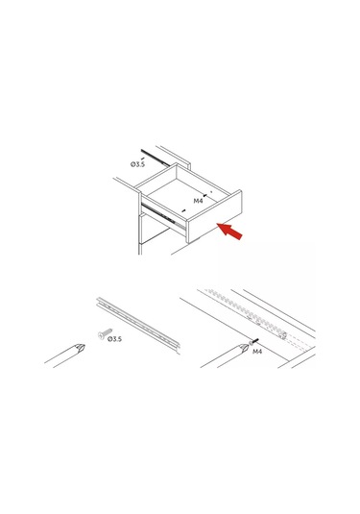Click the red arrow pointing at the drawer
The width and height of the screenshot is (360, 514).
point(230,231)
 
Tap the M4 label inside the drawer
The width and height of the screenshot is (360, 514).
point(198,201)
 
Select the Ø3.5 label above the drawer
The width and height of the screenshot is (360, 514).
point(137,164)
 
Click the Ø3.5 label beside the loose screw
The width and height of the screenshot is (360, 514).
point(114,339)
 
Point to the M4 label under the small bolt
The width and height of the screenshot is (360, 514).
point(257,352)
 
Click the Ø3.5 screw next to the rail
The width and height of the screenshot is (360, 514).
point(105,333)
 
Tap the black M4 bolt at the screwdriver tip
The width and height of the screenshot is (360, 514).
point(253,342)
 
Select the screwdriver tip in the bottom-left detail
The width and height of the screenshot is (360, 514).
point(80,348)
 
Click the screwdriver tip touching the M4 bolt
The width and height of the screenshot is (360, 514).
point(244,348)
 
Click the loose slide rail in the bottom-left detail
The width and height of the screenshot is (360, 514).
point(138,325)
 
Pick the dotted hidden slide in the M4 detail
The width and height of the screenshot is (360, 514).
point(246,313)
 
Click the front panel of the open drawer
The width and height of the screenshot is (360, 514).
point(214,217)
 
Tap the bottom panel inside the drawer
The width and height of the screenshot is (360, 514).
point(183,197)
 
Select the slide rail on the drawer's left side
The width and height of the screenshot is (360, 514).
point(163,216)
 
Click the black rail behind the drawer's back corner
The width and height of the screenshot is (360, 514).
point(155,158)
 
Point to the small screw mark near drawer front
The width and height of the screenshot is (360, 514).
point(183,210)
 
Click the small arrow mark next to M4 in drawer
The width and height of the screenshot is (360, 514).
point(205,195)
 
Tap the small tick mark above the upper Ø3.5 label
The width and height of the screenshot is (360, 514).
point(142,159)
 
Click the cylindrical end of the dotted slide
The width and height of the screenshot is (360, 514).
point(283,335)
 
